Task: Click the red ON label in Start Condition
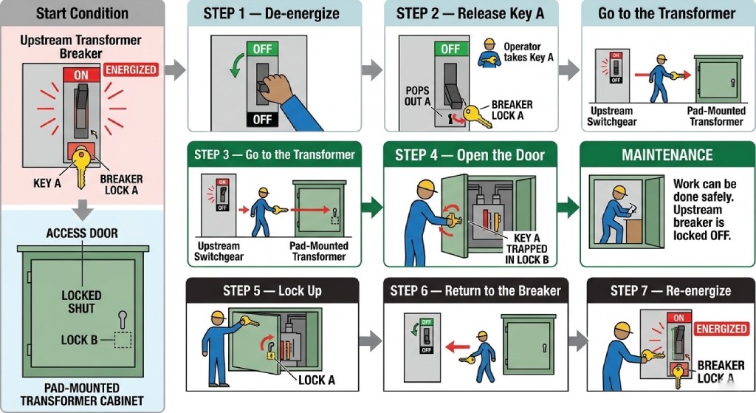pyautogui.click(x=81, y=75)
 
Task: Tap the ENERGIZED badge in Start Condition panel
pyautogui.click(x=131, y=69)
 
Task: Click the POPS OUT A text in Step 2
pyautogui.click(x=417, y=95)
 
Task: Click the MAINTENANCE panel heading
pyautogui.click(x=667, y=155)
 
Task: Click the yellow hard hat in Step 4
pyautogui.click(x=424, y=184)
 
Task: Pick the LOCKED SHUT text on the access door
pyautogui.click(x=81, y=301)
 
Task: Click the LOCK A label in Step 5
pyautogui.click(x=317, y=380)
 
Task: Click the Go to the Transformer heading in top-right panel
pyautogui.click(x=667, y=13)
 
